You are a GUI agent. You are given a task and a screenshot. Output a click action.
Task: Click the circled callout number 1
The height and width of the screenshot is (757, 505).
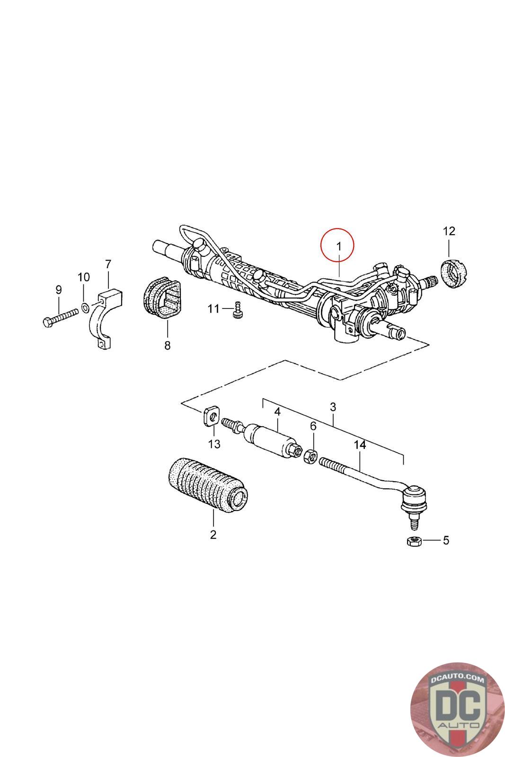click(x=337, y=246)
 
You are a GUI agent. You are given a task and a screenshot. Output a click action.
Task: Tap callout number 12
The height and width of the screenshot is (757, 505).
click(x=449, y=231)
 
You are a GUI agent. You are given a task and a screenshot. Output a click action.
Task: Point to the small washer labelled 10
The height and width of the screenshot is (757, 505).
click(x=84, y=308)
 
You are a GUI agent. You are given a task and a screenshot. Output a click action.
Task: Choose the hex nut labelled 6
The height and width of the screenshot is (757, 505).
click(x=310, y=457)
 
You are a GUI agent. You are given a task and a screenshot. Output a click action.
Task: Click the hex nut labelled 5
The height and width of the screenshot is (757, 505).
click(x=412, y=541)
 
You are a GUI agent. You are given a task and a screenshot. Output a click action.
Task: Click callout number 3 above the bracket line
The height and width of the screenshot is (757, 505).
click(x=333, y=407)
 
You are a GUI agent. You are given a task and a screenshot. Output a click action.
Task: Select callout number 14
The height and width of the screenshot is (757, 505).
click(x=360, y=445)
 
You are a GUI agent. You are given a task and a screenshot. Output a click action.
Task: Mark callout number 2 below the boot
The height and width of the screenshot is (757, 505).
click(x=213, y=535)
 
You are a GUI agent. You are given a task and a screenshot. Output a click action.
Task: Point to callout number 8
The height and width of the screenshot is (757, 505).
click(x=167, y=345)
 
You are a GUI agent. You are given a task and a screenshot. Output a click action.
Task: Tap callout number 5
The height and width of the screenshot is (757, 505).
click(x=445, y=540)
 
